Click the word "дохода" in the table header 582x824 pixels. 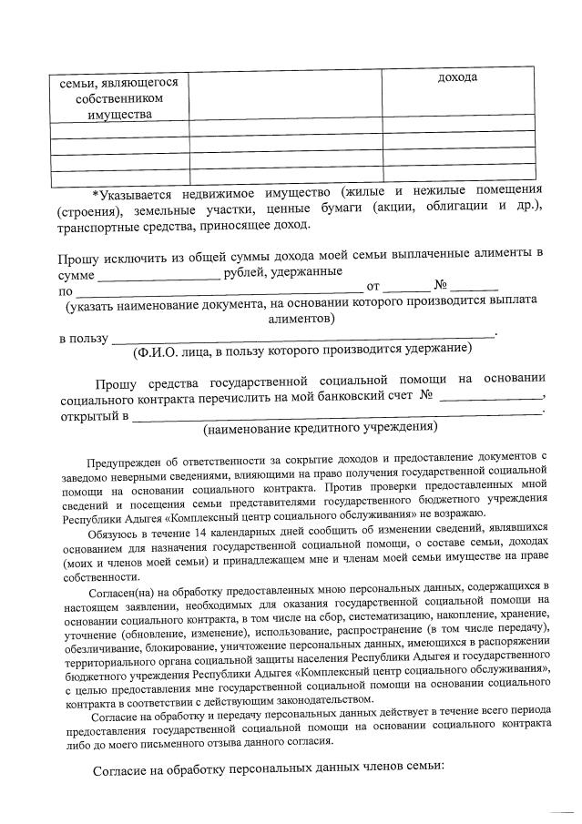(x=457, y=77)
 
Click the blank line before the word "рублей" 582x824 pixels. (x=158, y=273)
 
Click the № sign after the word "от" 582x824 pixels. (x=444, y=290)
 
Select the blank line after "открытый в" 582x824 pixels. (x=337, y=417)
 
